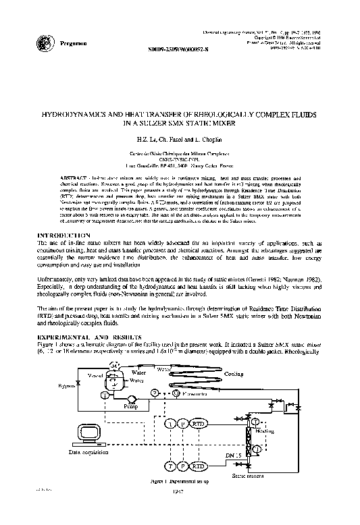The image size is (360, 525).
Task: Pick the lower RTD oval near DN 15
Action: (199, 465)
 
